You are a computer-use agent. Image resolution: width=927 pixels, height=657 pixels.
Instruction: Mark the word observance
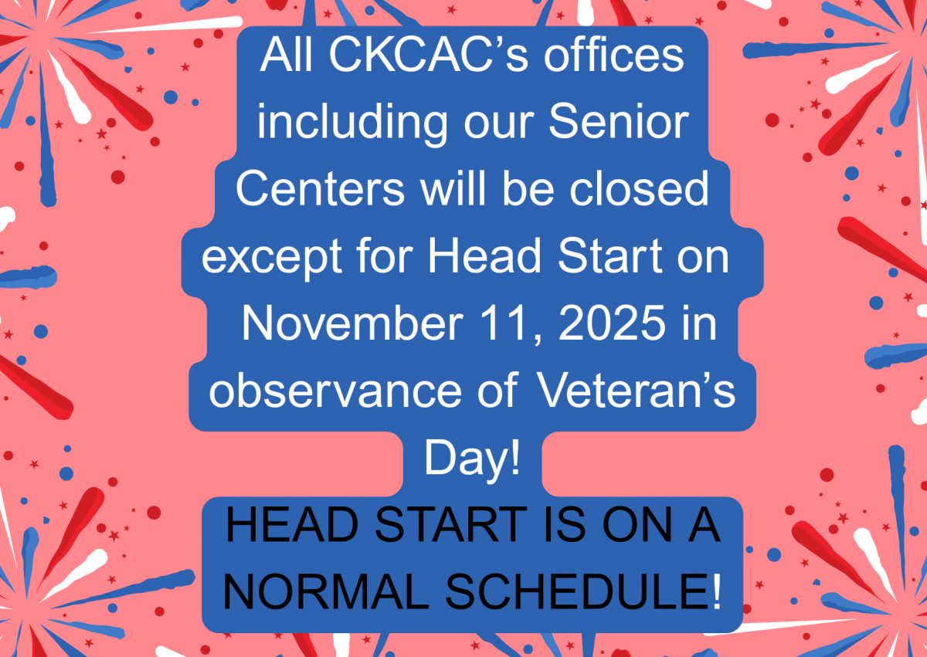click(x=351, y=393)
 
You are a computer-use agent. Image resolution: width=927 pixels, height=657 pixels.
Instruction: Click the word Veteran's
click(x=635, y=393)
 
